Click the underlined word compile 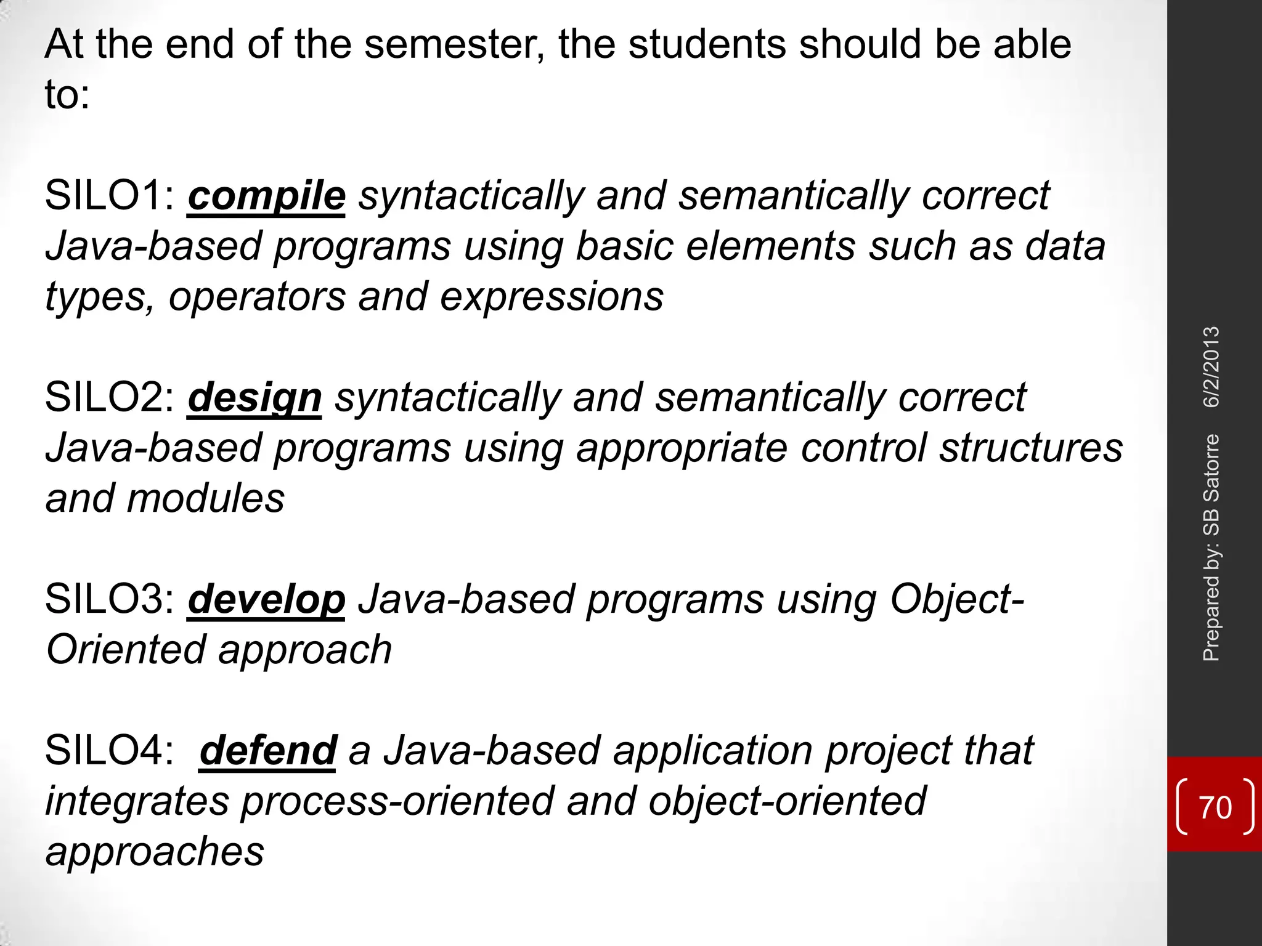266,196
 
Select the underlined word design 254,398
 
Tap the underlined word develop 266,599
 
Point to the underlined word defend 268,751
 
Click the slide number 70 1215,807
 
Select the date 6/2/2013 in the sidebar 1211,367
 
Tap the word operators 257,297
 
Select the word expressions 552,297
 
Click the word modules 206,498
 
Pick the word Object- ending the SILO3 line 957,599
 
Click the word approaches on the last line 155,852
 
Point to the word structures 1031,448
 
